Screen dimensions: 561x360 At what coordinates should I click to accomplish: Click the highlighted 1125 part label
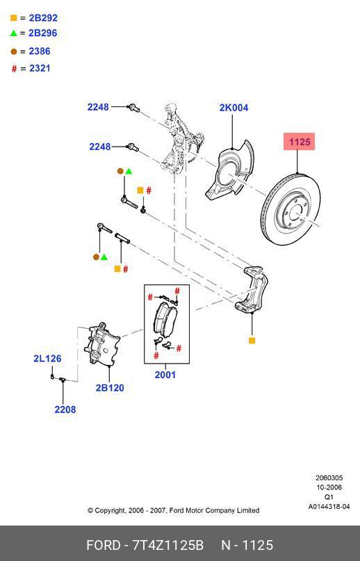click(x=300, y=142)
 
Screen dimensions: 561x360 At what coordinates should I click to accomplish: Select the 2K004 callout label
click(x=234, y=108)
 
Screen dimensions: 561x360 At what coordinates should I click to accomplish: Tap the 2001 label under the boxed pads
click(x=165, y=375)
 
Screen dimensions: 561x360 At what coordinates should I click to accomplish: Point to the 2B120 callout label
click(x=110, y=388)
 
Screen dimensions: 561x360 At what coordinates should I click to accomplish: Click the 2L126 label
click(x=47, y=359)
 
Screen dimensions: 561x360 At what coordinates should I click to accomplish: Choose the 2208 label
click(x=65, y=409)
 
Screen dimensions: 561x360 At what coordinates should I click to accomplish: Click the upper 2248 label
click(x=98, y=107)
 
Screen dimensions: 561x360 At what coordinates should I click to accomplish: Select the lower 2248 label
click(x=100, y=147)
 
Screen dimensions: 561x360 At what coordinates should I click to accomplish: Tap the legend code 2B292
click(x=43, y=18)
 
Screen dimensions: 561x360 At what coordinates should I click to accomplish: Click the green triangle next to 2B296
click(x=13, y=33)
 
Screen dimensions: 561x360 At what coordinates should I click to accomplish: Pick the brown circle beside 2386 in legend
click(x=13, y=51)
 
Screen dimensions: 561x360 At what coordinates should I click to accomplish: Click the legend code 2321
click(x=40, y=68)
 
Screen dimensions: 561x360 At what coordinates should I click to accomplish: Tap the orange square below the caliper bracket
click(x=252, y=341)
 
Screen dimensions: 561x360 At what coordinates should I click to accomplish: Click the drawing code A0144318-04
click(x=329, y=507)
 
